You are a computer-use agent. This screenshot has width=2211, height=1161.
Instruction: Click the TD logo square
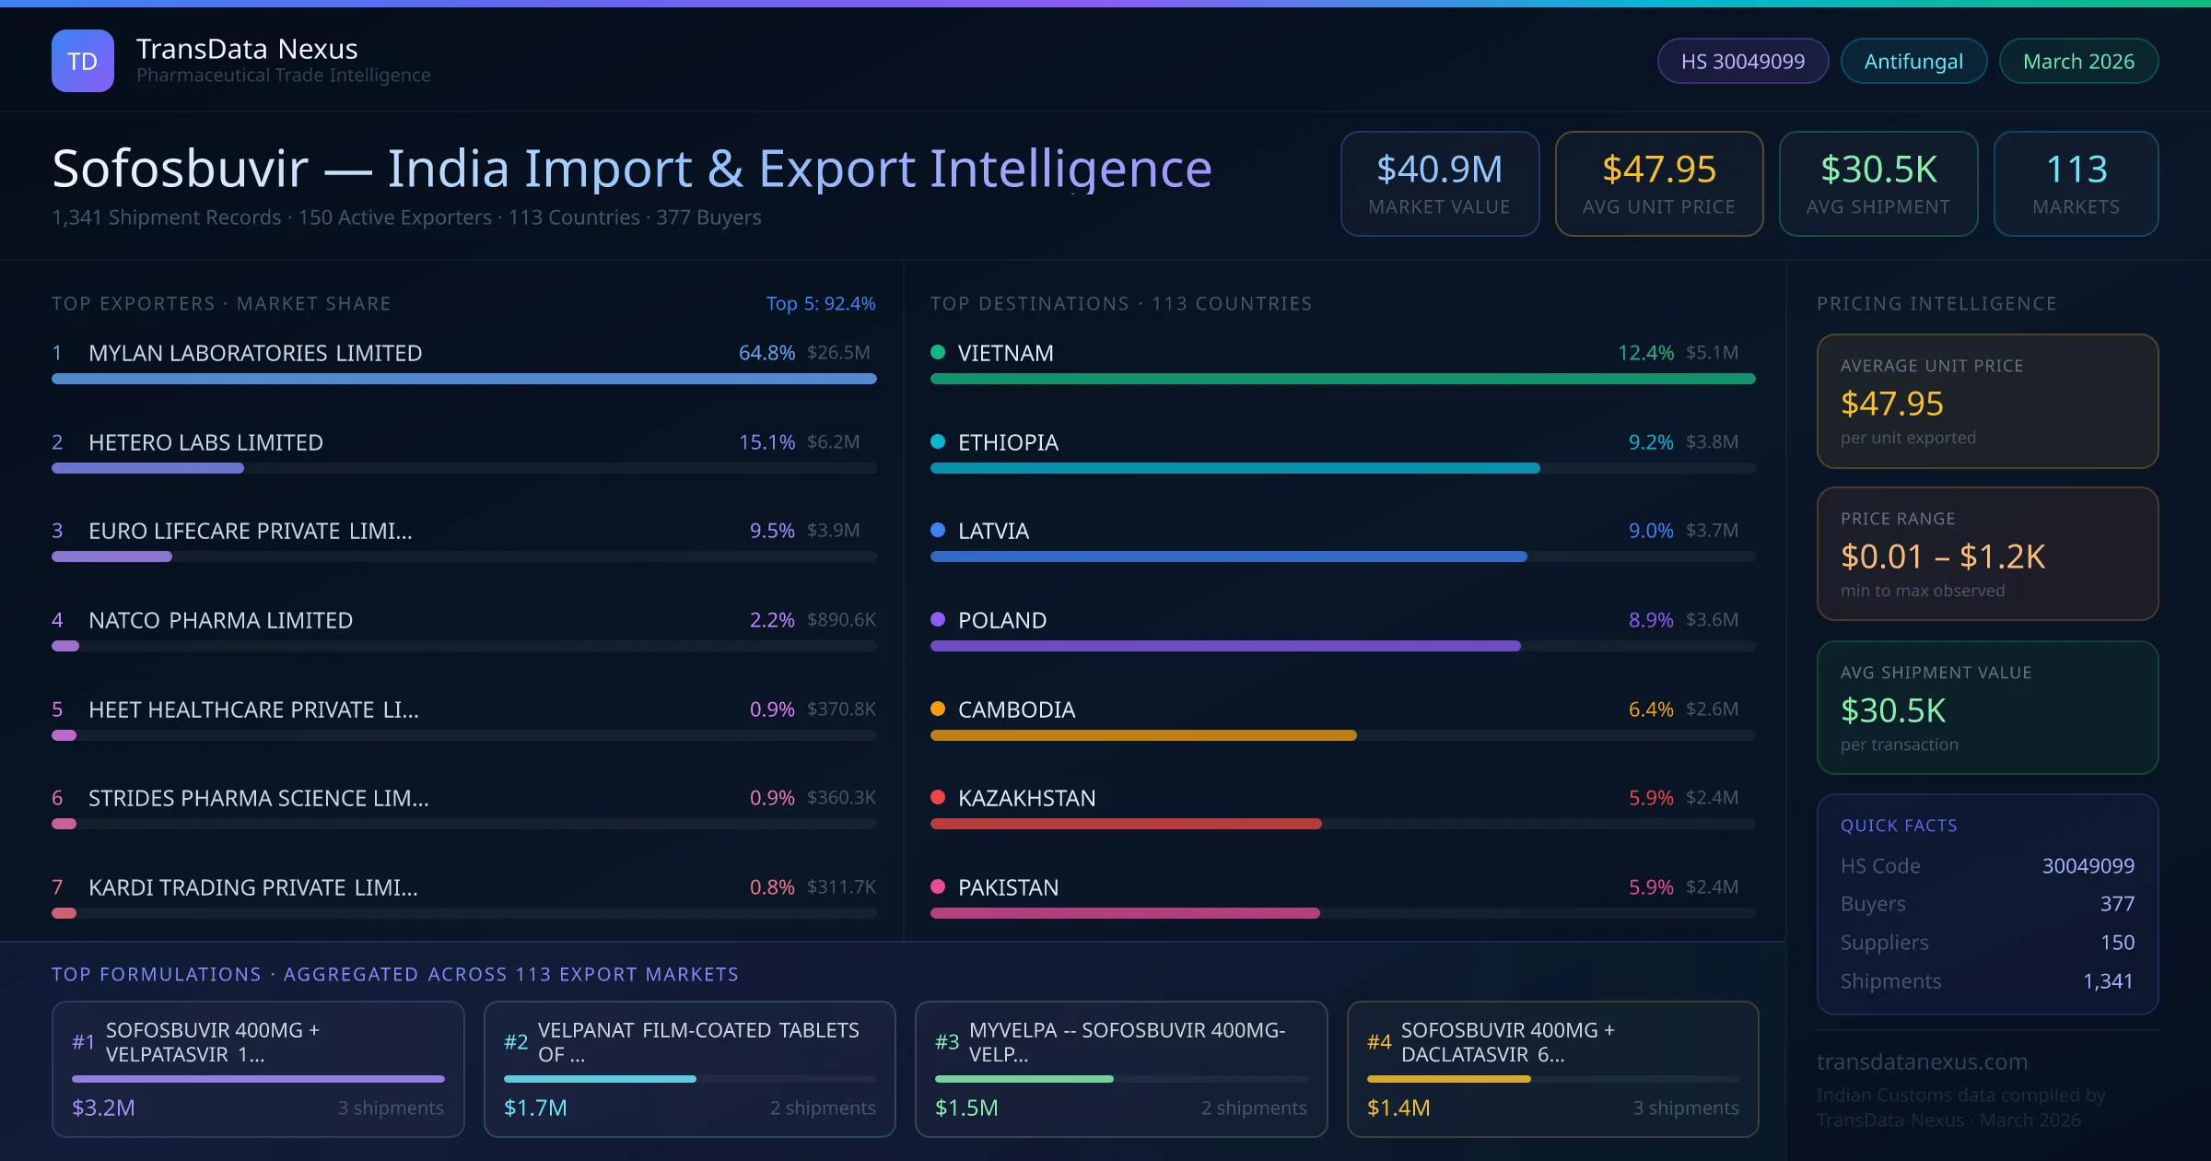(83, 61)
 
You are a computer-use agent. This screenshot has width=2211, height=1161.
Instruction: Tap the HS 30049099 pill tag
(1742, 62)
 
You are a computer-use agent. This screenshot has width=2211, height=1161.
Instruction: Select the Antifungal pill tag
(1913, 62)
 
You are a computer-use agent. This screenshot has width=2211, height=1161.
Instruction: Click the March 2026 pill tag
(2078, 62)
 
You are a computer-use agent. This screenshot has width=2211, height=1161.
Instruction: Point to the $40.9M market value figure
(1439, 170)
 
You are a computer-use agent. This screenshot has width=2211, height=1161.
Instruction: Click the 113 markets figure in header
(2076, 170)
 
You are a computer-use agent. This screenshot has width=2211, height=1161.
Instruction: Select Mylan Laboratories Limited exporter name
(255, 353)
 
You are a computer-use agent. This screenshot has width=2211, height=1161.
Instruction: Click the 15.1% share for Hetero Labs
(766, 442)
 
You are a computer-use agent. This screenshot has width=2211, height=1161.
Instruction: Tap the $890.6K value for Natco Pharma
(841, 620)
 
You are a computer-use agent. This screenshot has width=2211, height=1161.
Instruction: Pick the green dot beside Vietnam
(938, 352)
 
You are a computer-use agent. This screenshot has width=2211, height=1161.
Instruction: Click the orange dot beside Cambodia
(938, 709)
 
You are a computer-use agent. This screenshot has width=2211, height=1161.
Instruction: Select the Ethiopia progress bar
(1234, 468)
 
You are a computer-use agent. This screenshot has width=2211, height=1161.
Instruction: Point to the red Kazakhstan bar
(1126, 824)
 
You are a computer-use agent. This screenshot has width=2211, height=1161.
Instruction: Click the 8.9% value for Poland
(1650, 620)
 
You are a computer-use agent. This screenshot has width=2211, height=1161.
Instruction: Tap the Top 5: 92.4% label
(820, 304)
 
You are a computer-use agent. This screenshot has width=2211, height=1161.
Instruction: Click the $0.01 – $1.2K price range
(1942, 557)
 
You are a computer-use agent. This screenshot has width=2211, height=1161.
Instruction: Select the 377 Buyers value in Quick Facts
(2116, 904)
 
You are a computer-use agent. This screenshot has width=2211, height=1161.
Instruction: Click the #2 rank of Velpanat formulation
(516, 1042)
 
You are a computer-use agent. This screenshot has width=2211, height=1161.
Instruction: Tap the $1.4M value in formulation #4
(1398, 1108)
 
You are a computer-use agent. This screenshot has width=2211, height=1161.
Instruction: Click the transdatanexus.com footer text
(1922, 1061)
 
